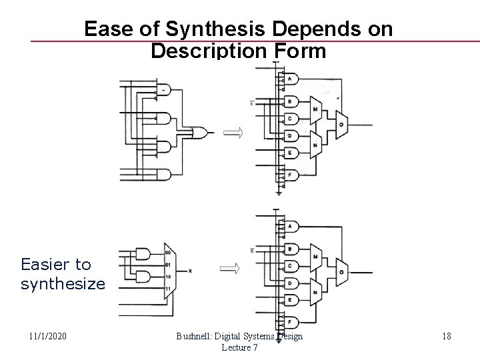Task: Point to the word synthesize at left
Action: [63, 284]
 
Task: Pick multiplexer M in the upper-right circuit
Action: [315, 109]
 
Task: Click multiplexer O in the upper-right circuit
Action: [341, 124]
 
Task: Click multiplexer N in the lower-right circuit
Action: [315, 288]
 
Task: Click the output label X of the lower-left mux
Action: [191, 271]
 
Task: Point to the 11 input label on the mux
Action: [167, 287]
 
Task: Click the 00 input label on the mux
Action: [167, 252]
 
